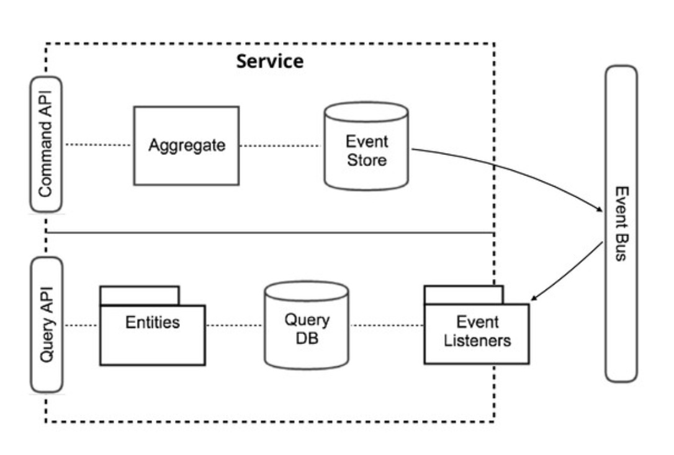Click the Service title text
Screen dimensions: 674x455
pyautogui.click(x=270, y=61)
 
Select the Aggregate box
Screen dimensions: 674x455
pyautogui.click(x=187, y=146)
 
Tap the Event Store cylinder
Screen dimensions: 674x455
pyautogui.click(x=366, y=146)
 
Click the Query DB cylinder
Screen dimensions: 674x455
pyautogui.click(x=307, y=325)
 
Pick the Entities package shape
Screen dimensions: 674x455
pyautogui.click(x=153, y=335)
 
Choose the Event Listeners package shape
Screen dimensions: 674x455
pyautogui.click(x=477, y=334)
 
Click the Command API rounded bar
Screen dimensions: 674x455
pyautogui.click(x=46, y=144)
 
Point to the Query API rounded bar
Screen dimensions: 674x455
pyautogui.click(x=47, y=325)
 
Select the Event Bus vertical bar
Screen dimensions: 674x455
pyautogui.click(x=621, y=224)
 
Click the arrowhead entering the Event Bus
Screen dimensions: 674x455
pyautogui.click(x=600, y=209)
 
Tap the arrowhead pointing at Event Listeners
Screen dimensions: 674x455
pyautogui.click(x=534, y=297)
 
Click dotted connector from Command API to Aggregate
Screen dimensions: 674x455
pyautogui.click(x=98, y=144)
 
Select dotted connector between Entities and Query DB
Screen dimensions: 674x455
pyautogui.click(x=235, y=325)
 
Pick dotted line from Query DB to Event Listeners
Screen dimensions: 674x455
pyautogui.click(x=387, y=325)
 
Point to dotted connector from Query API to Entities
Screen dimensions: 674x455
pyautogui.click(x=81, y=325)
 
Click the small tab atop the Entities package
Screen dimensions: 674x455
pyautogui.click(x=140, y=296)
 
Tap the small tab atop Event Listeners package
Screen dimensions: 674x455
pyautogui.click(x=464, y=295)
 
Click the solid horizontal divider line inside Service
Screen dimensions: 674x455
pyautogui.click(x=270, y=232)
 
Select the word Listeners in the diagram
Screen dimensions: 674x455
pyautogui.click(x=477, y=341)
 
